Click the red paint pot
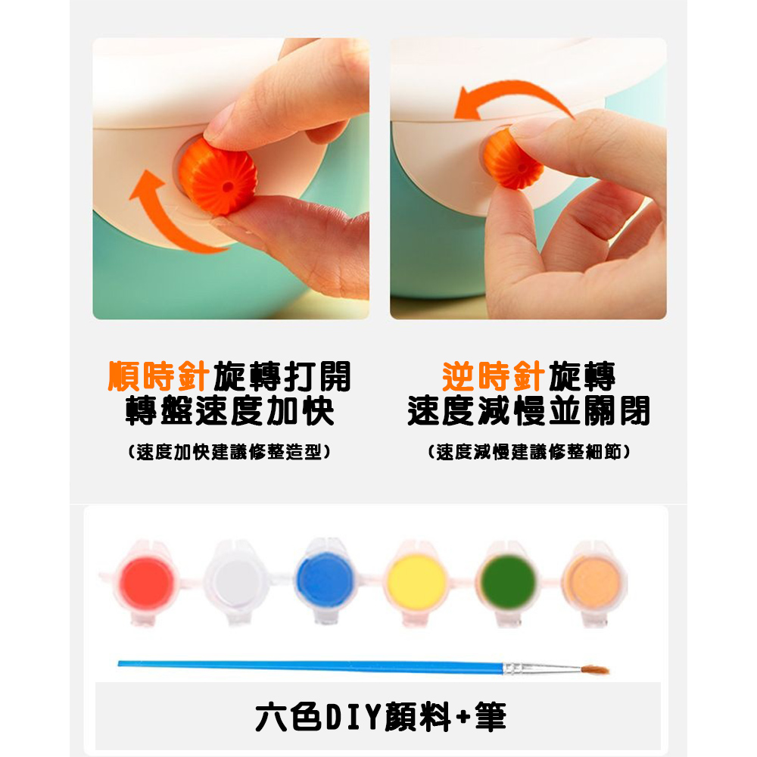(x=148, y=581)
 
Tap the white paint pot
(x=238, y=581)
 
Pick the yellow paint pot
(x=416, y=581)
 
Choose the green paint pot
(x=508, y=581)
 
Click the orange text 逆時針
(x=494, y=376)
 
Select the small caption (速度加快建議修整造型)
(x=229, y=453)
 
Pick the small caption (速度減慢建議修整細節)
(x=528, y=453)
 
